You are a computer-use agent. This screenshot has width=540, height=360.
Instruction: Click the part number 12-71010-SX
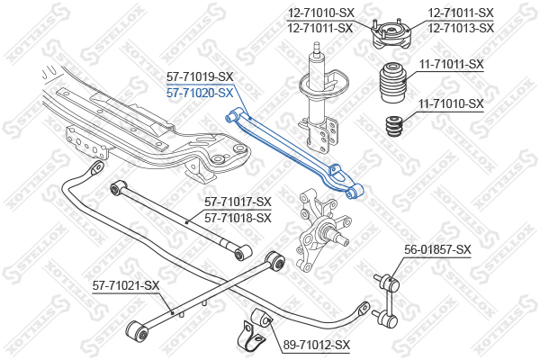click(321, 13)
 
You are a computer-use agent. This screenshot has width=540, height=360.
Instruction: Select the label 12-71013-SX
click(461, 28)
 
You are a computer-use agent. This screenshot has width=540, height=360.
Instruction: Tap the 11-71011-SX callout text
click(451, 64)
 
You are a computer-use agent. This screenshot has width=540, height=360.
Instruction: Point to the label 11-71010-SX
click(451, 103)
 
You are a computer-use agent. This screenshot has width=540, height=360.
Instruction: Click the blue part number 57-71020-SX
click(200, 93)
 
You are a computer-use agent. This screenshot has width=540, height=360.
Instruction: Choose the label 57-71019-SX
click(200, 76)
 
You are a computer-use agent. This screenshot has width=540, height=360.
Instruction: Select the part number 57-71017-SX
click(238, 202)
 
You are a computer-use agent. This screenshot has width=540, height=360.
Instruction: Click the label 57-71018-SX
click(238, 218)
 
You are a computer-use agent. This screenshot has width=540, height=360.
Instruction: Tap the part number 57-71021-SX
click(126, 285)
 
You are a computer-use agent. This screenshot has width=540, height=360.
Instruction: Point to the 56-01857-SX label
click(437, 249)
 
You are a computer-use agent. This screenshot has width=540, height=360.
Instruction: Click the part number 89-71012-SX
click(316, 345)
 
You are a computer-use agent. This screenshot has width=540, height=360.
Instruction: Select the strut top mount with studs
click(391, 34)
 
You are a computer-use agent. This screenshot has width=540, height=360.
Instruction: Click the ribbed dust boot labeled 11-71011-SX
click(393, 82)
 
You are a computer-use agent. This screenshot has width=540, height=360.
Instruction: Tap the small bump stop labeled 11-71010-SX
click(393, 126)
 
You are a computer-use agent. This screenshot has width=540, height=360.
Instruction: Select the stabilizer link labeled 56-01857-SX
click(387, 299)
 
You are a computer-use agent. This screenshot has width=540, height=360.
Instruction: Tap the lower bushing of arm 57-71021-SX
click(138, 331)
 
